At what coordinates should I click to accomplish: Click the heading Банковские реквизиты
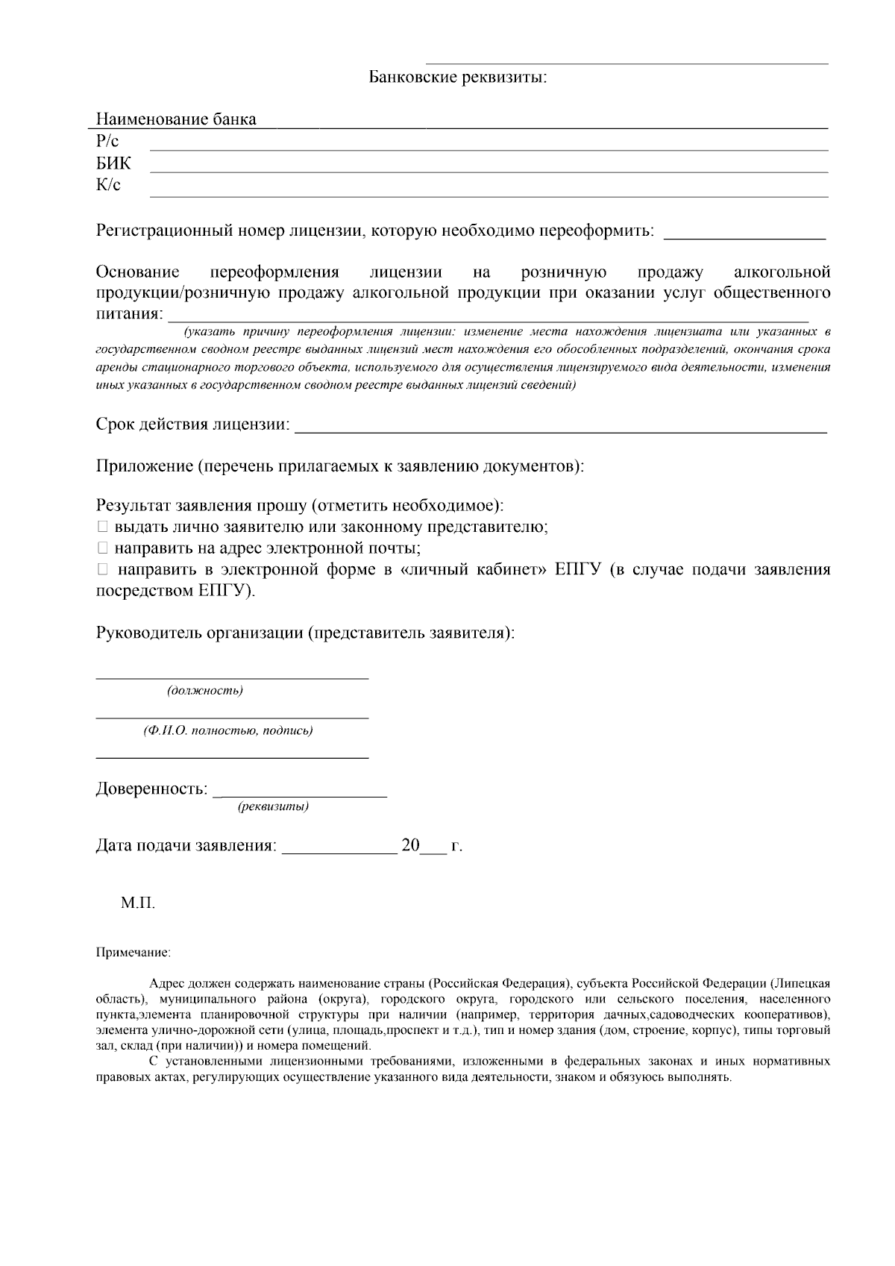coord(458,78)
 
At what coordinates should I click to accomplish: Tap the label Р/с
coord(107,142)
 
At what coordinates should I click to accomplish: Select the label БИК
coord(113,164)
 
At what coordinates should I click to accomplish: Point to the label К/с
coord(108,186)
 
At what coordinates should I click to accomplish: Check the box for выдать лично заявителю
coord(103,527)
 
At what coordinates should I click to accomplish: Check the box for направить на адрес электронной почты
coord(103,548)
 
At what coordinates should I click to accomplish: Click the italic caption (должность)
coord(205,691)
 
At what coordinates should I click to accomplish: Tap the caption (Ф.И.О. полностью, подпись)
coord(228,731)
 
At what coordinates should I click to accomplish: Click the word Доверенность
coord(151,789)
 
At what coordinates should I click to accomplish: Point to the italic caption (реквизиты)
coord(273,807)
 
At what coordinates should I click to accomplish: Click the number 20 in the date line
coord(411,846)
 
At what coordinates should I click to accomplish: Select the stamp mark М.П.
coord(138,903)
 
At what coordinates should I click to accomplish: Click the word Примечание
coord(134,953)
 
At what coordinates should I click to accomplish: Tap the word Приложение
coord(144,466)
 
